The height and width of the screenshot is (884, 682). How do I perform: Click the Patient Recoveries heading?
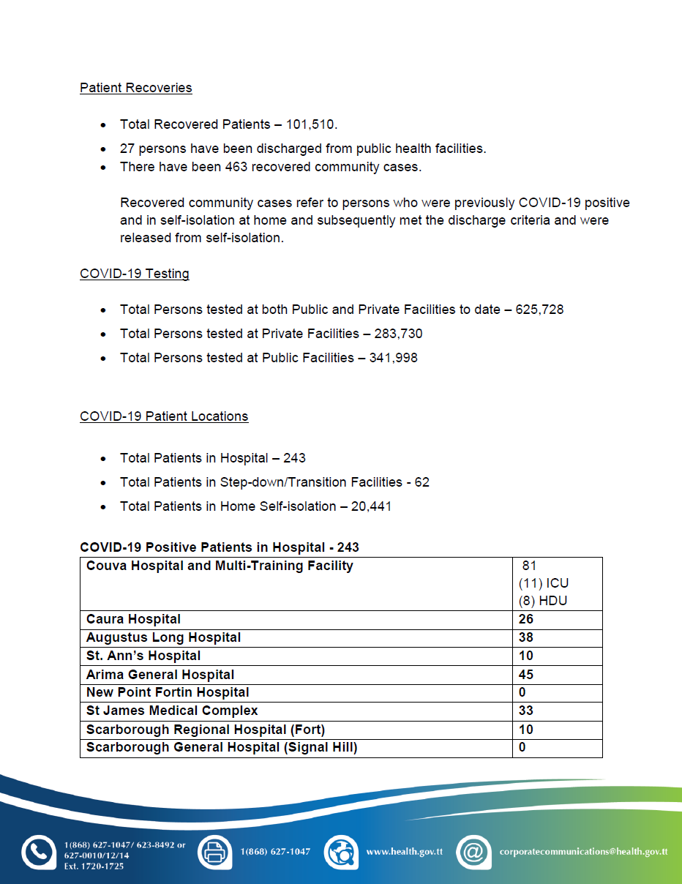click(135, 88)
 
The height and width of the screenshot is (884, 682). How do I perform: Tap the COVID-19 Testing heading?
click(134, 274)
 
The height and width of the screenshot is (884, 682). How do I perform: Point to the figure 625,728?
click(539, 310)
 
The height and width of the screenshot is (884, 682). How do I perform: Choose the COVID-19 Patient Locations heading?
click(164, 416)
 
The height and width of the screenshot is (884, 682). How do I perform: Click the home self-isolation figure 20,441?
click(371, 506)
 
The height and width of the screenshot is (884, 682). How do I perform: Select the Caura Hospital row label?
click(133, 620)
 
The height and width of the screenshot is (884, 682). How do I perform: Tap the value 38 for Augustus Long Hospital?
click(525, 637)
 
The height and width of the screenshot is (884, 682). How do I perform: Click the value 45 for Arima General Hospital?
click(525, 675)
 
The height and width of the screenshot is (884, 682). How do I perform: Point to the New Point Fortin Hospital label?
click(168, 692)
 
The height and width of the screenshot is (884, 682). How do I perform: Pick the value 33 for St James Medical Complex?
click(525, 711)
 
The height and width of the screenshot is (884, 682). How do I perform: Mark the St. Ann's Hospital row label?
click(143, 656)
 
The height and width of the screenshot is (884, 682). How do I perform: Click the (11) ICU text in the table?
click(543, 583)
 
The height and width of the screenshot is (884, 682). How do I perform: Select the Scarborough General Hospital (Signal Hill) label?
click(222, 747)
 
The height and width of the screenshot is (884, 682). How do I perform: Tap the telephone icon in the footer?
click(38, 852)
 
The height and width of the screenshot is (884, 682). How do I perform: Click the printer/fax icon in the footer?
click(214, 852)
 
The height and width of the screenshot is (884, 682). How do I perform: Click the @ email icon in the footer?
click(473, 852)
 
